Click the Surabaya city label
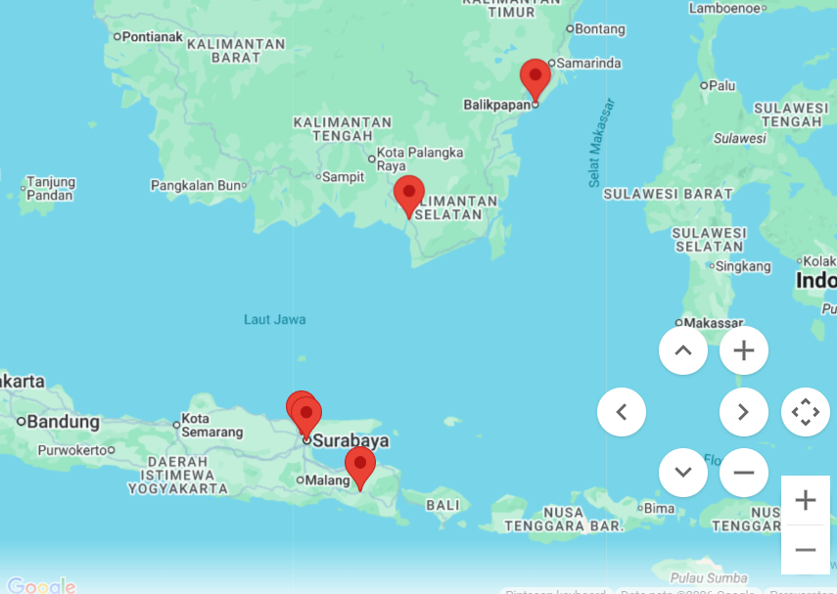click(x=350, y=441)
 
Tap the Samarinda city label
click(x=588, y=64)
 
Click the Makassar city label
click(x=713, y=323)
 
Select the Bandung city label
click(x=63, y=423)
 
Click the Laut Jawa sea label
click(x=275, y=319)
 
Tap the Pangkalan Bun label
click(x=195, y=185)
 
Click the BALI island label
click(x=443, y=505)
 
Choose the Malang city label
click(x=327, y=480)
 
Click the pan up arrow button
click(x=683, y=350)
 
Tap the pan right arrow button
click(x=744, y=412)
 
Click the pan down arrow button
click(x=683, y=473)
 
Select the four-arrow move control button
click(x=805, y=412)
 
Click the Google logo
click(x=41, y=586)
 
